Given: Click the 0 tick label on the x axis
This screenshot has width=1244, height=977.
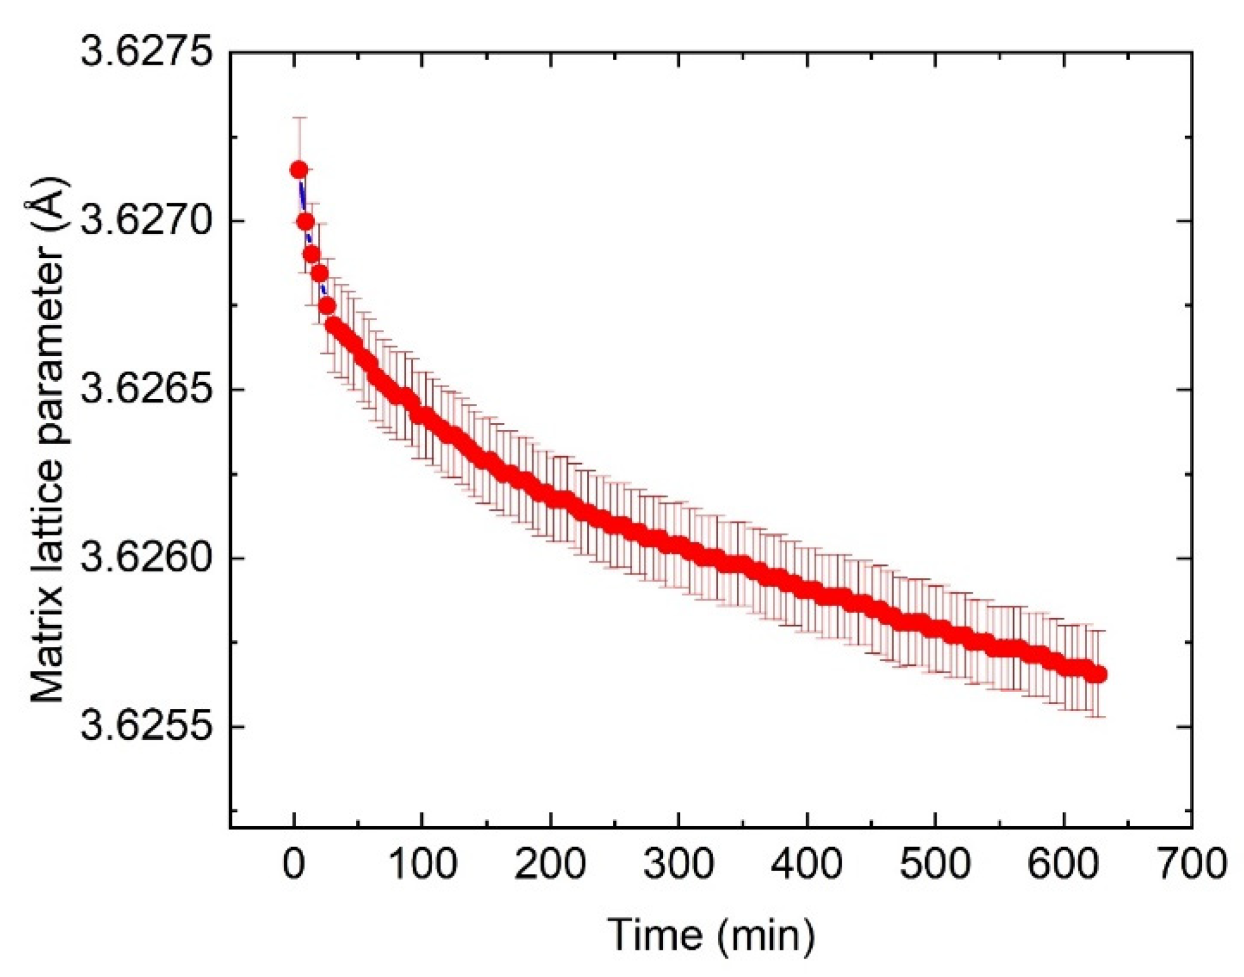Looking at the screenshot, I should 293,864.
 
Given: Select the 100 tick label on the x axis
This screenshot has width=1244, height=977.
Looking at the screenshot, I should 422,864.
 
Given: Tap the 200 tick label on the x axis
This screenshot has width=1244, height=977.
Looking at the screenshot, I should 550,864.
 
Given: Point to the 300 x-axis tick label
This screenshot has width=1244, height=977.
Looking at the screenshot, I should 679,864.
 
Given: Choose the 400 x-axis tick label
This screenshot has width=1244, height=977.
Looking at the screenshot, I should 807,864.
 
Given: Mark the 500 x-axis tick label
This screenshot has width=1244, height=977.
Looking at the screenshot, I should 935,864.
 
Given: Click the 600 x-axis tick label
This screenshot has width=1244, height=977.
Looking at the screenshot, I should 1063,864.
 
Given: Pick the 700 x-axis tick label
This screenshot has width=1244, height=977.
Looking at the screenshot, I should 1192,864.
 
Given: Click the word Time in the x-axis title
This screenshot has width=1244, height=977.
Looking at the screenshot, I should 655,935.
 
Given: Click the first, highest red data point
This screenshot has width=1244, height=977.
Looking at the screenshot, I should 299,170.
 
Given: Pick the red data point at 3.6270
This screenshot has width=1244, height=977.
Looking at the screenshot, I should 305,222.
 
